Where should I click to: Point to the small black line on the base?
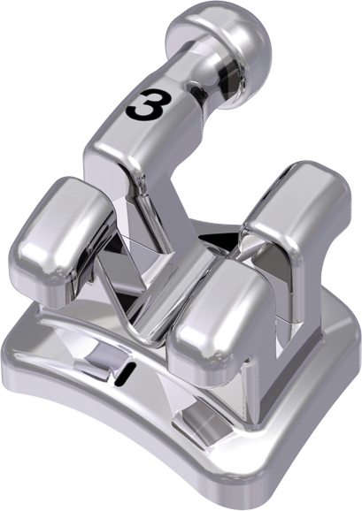(x=125, y=372)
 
